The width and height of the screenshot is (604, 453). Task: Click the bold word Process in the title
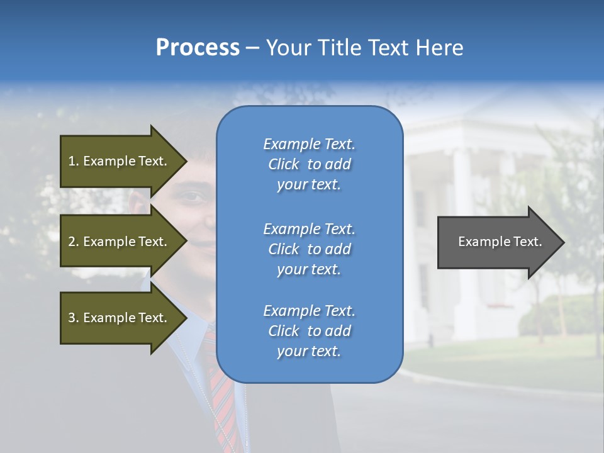pyautogui.click(x=198, y=48)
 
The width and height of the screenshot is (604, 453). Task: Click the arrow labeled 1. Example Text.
pyautogui.click(x=120, y=161)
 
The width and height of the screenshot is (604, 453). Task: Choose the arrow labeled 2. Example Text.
pyautogui.click(x=120, y=242)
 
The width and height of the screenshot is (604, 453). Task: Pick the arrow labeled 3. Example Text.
pyautogui.click(x=120, y=318)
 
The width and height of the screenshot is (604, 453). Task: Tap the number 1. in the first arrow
pyautogui.click(x=74, y=161)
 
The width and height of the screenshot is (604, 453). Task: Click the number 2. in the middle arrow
pyautogui.click(x=74, y=242)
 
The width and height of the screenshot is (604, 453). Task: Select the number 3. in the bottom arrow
pyautogui.click(x=74, y=318)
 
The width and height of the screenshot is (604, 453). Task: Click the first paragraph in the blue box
pyautogui.click(x=309, y=164)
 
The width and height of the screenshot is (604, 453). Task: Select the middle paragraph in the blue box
pyautogui.click(x=309, y=249)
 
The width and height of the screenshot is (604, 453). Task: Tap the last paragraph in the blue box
pyautogui.click(x=309, y=331)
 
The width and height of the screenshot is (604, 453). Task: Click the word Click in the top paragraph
pyautogui.click(x=284, y=164)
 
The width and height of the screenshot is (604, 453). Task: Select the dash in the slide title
pyautogui.click(x=253, y=48)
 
